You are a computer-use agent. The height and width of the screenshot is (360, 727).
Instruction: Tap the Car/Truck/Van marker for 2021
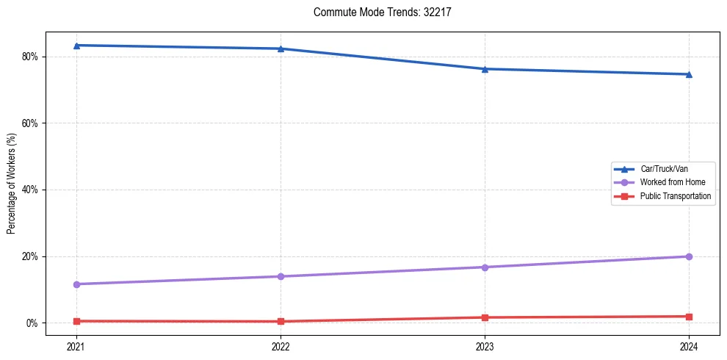[x=76, y=46]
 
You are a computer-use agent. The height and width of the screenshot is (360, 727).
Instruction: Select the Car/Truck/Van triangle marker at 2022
[x=281, y=48]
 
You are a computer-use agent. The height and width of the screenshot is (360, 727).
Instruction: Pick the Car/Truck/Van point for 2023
[x=485, y=69]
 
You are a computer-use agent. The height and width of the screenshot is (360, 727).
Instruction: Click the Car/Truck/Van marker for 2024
[x=689, y=74]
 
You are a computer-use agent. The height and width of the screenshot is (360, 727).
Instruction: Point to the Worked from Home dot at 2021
[x=76, y=284]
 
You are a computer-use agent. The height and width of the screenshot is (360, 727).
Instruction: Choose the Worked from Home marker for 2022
[x=281, y=276]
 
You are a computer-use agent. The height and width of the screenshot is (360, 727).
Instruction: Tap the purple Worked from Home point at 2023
[x=485, y=267]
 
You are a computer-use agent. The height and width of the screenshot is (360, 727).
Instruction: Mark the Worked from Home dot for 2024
[x=689, y=256]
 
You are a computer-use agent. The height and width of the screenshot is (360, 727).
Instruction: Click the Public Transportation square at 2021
[x=76, y=321]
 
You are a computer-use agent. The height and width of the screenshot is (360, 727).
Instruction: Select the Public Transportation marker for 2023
[x=485, y=317]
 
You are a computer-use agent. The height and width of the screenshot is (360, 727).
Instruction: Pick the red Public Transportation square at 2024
[x=689, y=317]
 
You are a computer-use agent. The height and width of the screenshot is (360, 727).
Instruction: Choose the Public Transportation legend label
[x=675, y=196]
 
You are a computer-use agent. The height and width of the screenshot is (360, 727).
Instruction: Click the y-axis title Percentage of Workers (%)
[x=11, y=184]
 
